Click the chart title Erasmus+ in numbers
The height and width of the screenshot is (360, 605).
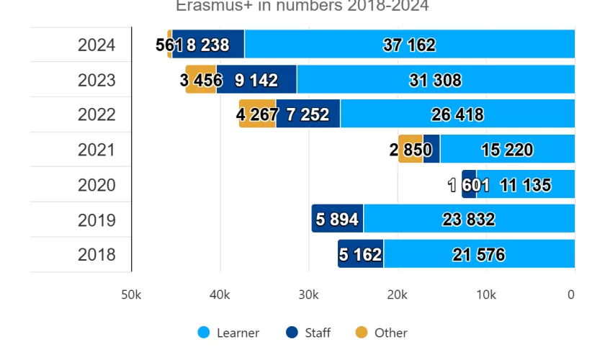302,6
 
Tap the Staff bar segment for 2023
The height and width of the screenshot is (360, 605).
256,80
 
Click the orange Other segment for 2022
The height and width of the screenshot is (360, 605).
258,114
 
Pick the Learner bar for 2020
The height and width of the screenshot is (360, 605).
525,185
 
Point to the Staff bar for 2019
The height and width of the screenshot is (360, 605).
337,220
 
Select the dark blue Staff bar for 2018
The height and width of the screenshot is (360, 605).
360,255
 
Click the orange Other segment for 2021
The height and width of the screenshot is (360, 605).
411,150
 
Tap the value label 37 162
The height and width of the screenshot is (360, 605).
409,45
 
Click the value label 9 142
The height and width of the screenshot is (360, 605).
256,81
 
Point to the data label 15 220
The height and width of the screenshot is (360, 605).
507,150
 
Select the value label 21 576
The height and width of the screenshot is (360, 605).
478,256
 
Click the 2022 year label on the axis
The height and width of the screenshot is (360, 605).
97,115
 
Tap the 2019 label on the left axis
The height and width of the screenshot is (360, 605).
97,220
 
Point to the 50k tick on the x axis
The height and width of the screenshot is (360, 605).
131,294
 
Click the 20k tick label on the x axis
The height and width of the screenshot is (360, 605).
397,294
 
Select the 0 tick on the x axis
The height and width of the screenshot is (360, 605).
571,294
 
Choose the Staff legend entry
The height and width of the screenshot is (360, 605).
317,333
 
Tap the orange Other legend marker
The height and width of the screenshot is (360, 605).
362,333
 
